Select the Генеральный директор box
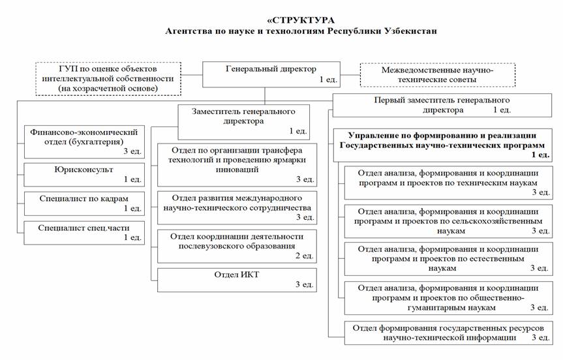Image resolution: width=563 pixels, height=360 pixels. [271, 74]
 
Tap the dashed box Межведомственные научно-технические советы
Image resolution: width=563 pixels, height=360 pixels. [437, 75]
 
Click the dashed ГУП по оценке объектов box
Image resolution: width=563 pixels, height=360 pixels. [108, 79]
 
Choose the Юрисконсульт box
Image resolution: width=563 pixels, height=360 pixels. [84, 175]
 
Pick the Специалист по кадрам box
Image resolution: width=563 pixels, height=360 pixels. [84, 204]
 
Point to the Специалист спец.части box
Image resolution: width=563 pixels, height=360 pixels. [84, 233]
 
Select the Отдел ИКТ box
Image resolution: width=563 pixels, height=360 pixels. [237, 280]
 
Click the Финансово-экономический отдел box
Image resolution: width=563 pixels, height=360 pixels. [84, 142]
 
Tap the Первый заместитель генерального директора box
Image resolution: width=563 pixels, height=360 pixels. [442, 105]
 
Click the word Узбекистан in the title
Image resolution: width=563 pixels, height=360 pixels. [410, 31]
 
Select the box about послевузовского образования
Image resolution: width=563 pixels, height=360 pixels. [237, 247]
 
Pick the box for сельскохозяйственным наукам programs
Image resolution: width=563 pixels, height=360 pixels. [448, 222]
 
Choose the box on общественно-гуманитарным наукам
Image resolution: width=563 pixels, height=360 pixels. [448, 298]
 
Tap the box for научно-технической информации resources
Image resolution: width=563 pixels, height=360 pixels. [448, 333]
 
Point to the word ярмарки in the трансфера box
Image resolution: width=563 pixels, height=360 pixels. [290, 160]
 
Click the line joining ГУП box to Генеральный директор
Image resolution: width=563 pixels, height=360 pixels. [191, 74]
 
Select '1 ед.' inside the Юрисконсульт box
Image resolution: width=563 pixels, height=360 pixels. [132, 179]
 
